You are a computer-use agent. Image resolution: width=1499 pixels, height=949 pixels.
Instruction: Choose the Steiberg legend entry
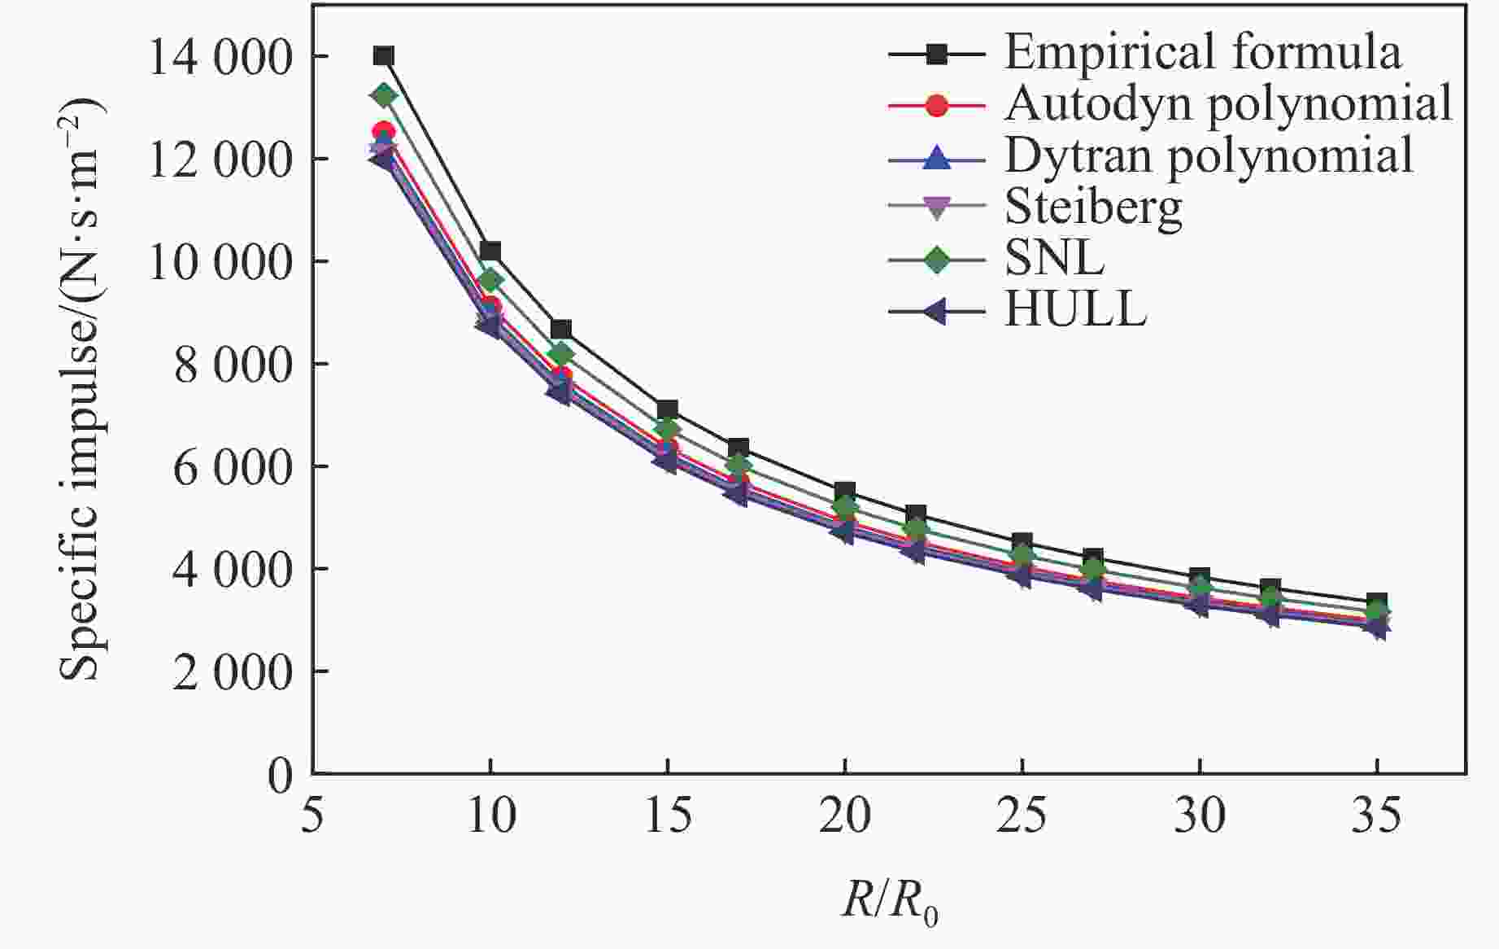point(1093,208)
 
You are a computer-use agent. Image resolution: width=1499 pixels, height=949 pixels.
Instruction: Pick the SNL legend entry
point(1054,259)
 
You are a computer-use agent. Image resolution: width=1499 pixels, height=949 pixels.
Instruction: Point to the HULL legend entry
point(1075,310)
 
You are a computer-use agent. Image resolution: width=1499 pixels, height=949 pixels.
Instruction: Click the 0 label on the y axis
point(280,775)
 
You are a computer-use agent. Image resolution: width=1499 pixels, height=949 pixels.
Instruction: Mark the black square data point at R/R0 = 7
point(384,56)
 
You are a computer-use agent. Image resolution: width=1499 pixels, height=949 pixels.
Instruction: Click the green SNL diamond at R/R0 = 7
point(384,96)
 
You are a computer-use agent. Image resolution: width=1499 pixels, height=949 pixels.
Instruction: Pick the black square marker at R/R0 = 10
point(490,251)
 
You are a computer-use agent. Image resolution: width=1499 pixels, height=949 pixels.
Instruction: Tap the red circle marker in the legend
point(937,106)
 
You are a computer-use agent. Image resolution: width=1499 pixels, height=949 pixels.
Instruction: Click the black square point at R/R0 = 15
point(668,409)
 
